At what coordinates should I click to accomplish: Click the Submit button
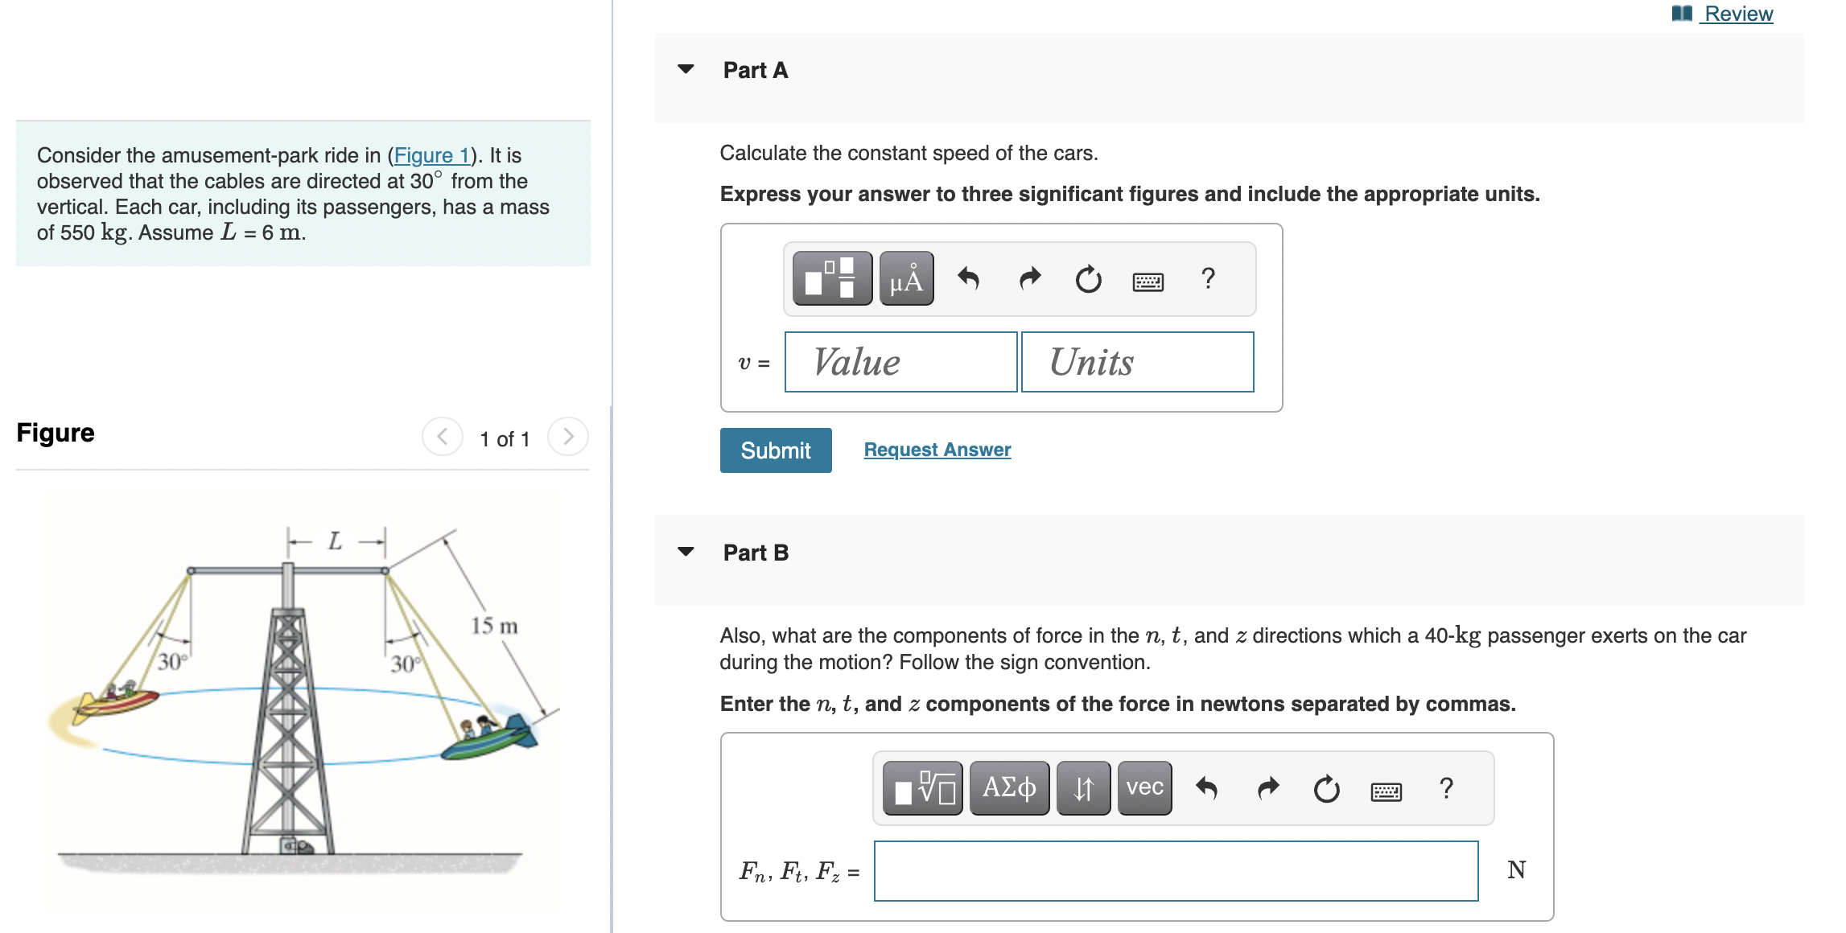[775, 450]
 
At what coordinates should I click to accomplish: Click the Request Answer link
[937, 450]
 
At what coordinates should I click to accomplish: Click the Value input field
[900, 362]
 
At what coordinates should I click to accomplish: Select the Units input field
[1136, 362]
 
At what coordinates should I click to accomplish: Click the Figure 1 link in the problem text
[431, 155]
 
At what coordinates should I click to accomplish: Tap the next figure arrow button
[568, 437]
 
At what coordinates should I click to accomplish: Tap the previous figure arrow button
[442, 437]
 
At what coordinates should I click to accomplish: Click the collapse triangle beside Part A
[686, 70]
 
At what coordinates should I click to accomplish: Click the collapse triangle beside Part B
[686, 552]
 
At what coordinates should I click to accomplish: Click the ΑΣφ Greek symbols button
[1008, 787]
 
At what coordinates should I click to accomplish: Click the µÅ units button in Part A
[906, 279]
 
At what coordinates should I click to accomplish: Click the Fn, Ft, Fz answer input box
[1175, 871]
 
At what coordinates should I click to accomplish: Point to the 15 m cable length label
[494, 626]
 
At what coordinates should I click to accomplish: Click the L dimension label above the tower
[335, 541]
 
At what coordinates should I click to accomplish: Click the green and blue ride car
[488, 737]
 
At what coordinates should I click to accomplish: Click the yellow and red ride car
[117, 701]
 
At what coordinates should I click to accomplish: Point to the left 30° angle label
[171, 662]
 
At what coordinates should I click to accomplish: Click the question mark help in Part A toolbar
[1207, 279]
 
